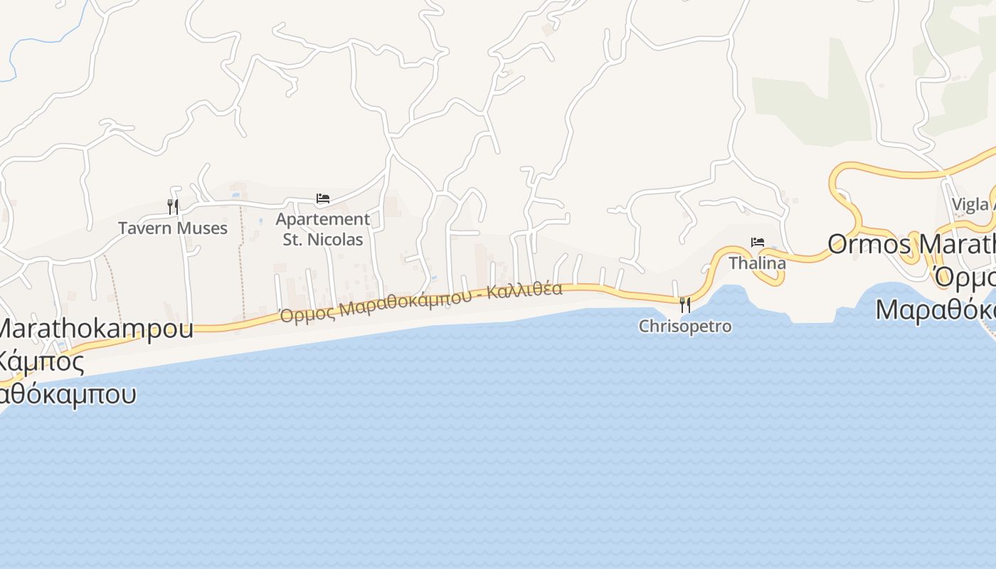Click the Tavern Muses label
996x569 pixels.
pos(173,228)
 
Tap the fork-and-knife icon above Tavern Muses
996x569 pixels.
pos(173,206)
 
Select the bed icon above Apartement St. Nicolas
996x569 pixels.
pos(323,198)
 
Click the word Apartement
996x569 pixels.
pos(323,219)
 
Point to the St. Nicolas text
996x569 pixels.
pos(323,240)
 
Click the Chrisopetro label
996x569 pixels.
pos(685,326)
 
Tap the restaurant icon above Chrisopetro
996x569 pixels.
pos(685,304)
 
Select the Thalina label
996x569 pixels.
pos(757,263)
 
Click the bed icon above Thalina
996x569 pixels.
pos(758,243)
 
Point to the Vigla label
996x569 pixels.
pos(971,205)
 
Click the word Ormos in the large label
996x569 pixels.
pos(869,245)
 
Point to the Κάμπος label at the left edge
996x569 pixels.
pos(43,362)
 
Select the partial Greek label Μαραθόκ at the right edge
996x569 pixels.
pos(936,310)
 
